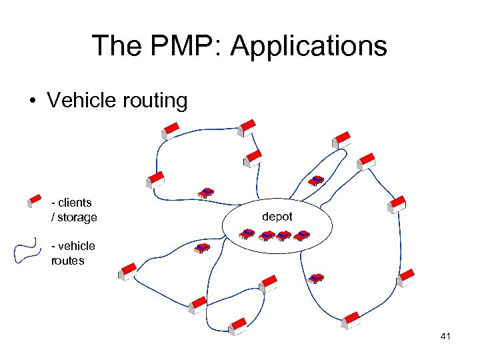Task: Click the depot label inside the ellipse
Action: point(277,217)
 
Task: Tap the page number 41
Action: point(445,337)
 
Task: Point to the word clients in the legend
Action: point(75,203)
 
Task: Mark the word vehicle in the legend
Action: point(76,246)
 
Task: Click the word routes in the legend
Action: point(67,261)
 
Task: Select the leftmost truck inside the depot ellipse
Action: point(248,234)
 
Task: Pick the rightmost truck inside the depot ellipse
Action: point(303,235)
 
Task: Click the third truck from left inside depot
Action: point(285,235)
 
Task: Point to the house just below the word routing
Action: point(171,129)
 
